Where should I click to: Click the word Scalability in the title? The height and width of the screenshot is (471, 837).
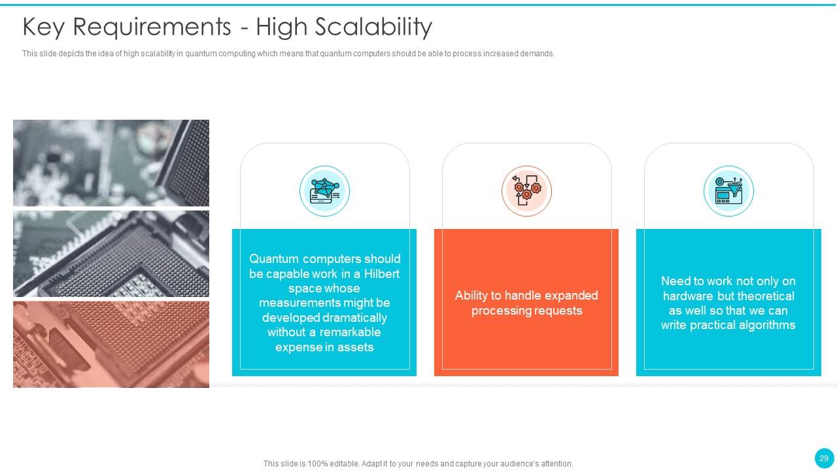click(x=373, y=27)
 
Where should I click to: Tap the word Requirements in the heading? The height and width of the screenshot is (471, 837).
click(x=152, y=27)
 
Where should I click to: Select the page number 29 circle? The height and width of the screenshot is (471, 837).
click(x=824, y=459)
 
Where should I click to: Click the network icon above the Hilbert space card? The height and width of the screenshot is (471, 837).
click(x=325, y=191)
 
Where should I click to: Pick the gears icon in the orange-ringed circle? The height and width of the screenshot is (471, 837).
click(x=526, y=191)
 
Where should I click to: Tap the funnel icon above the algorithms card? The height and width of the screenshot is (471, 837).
click(x=728, y=191)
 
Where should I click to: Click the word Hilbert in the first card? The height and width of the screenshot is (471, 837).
click(x=381, y=274)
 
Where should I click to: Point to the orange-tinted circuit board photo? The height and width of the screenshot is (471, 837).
click(x=111, y=344)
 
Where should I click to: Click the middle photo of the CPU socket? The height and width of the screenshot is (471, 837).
click(x=111, y=254)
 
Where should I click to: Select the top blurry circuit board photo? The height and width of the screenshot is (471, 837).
click(x=111, y=163)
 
